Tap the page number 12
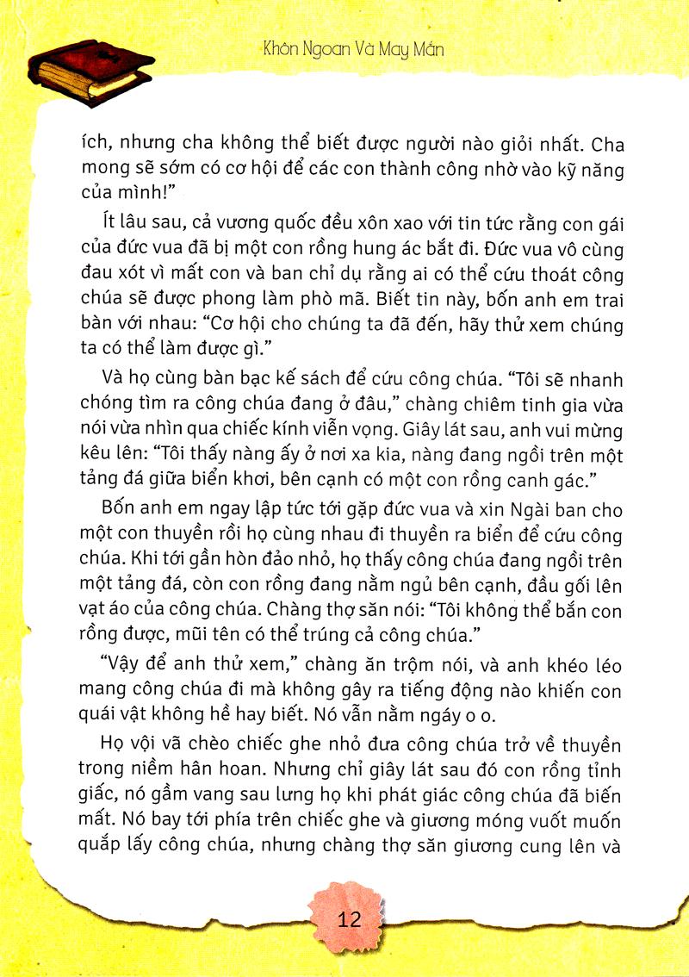(x=350, y=918)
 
